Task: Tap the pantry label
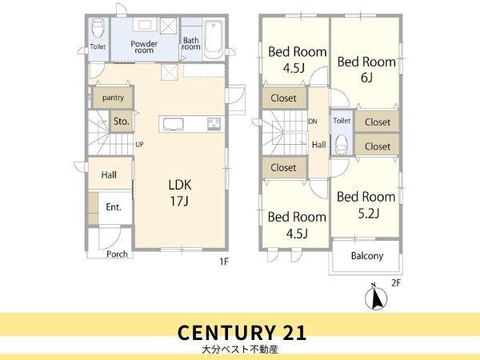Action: (x=113, y=98)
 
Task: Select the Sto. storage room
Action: (x=122, y=122)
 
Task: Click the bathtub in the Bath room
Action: (x=214, y=39)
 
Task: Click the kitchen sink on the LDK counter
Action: (x=174, y=124)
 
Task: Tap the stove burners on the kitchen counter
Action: (x=214, y=124)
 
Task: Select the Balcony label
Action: (x=367, y=256)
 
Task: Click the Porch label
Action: (x=117, y=254)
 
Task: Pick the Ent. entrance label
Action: (x=114, y=207)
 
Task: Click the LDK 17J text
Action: (x=180, y=193)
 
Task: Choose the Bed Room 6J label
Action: (x=366, y=70)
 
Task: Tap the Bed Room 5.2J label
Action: (x=366, y=205)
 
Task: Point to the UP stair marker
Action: (x=139, y=145)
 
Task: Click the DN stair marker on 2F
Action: (x=313, y=122)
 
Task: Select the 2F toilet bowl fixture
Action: (x=341, y=145)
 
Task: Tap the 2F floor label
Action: (x=396, y=283)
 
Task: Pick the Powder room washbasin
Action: (x=145, y=25)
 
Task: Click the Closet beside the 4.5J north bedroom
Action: (x=284, y=98)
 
